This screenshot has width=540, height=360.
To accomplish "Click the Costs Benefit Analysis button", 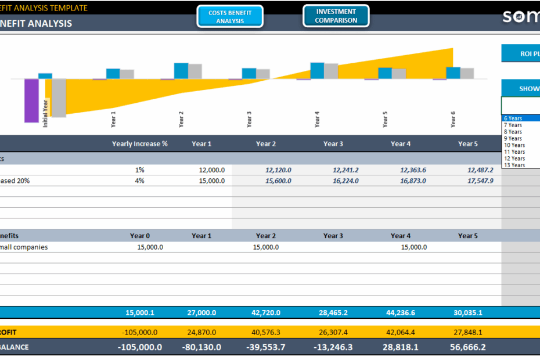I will point(230,17).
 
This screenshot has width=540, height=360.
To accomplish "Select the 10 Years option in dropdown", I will point(514,145).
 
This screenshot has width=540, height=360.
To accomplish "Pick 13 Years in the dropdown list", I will point(514,165).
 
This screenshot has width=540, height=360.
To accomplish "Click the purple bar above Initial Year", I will point(31,100).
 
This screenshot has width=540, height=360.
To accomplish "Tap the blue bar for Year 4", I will point(317,70).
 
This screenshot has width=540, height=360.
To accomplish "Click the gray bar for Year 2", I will point(195,71).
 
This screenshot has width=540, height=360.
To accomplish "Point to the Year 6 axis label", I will point(453,119).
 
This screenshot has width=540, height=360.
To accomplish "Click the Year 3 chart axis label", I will point(249,119).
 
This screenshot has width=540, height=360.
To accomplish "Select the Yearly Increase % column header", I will point(139,144).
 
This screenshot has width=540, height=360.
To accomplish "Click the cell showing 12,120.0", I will point(278,170).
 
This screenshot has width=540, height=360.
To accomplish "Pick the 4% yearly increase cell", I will point(139,181).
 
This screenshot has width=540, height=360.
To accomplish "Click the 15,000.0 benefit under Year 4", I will point(414,247).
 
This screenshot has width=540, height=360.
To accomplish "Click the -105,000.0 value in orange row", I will point(141,333).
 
